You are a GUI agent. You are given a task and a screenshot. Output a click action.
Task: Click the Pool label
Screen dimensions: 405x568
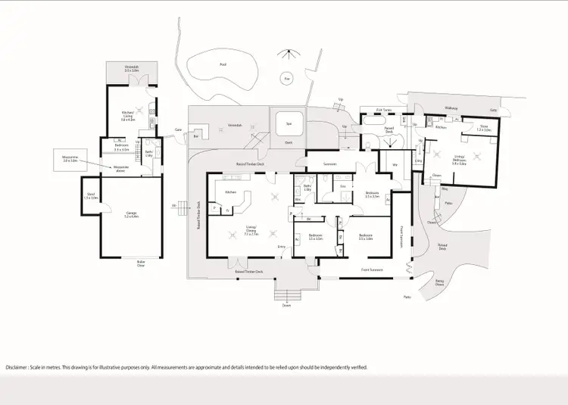coord(223,65)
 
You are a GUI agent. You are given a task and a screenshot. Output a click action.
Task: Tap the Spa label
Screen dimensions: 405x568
coord(289,123)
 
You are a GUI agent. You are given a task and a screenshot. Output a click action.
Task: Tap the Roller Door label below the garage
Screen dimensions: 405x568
coord(141,264)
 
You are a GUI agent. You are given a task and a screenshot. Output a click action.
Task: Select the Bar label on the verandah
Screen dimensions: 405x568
coord(196,137)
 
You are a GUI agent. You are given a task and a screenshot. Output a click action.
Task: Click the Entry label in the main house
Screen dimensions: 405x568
coord(281,247)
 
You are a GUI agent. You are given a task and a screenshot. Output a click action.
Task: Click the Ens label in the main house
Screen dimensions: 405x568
coord(343,185)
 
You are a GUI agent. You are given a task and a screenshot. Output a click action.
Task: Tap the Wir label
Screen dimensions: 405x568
coord(395,164)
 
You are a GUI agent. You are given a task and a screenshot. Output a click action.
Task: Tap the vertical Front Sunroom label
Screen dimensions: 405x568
coord(401,237)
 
